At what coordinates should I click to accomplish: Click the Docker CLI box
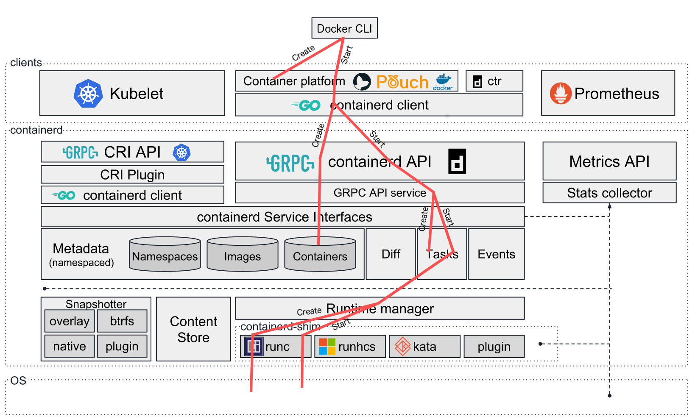coord(344,28)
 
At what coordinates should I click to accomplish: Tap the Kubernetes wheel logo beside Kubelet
coord(88,93)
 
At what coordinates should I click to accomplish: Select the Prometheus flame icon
coord(560,93)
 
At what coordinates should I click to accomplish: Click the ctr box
coord(494,81)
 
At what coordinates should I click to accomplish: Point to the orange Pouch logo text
coord(402,82)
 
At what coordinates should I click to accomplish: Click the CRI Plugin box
coord(132,175)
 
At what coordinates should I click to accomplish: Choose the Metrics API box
coord(609,161)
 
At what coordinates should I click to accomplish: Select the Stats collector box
coord(609,193)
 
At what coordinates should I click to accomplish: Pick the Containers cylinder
coord(320,255)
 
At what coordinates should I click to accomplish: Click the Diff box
coord(391,254)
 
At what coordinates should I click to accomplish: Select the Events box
coord(496,254)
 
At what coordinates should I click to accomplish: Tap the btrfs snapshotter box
coord(122,321)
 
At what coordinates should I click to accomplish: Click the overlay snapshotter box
coord(70,321)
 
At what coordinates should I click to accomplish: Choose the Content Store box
coord(193,329)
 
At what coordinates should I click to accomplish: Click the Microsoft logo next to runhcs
coord(327,347)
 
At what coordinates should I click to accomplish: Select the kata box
coord(424,347)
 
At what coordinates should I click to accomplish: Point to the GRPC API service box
coord(380,193)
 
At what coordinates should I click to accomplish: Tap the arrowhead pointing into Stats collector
coord(609,206)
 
